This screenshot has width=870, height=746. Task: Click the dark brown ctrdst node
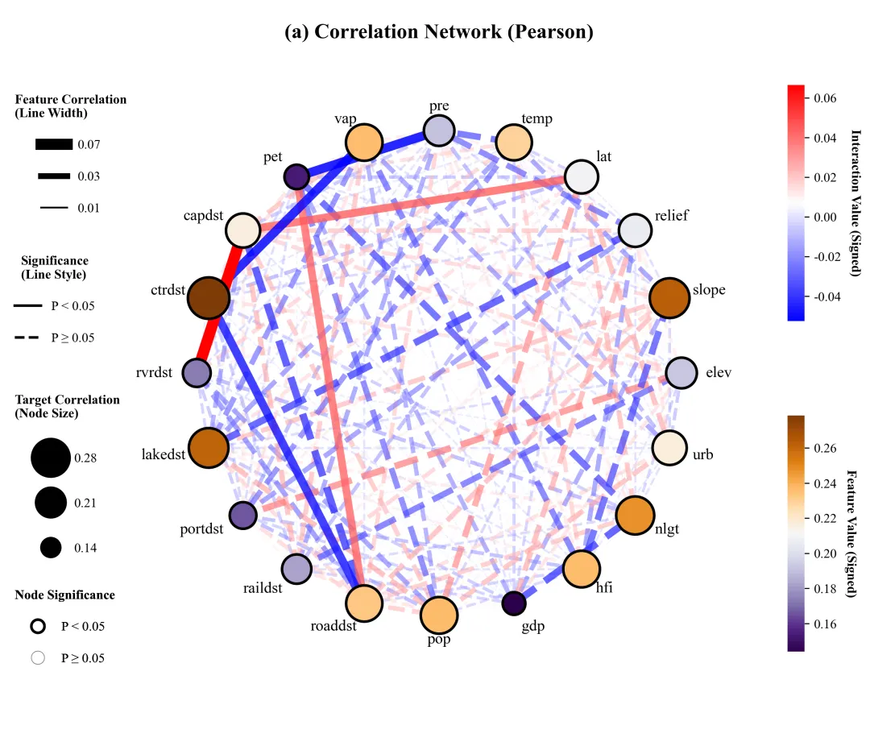[x=209, y=298]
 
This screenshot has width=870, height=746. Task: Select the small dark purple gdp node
[x=514, y=603]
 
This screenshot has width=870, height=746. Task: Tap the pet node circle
[x=296, y=177]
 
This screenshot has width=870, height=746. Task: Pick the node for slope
[x=669, y=298]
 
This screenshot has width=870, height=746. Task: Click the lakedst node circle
[x=209, y=448]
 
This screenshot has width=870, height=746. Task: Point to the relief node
[x=635, y=230]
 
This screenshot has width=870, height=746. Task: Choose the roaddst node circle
[x=364, y=603]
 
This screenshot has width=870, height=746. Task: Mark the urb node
[x=669, y=448]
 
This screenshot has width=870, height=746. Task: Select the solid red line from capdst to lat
[x=413, y=203]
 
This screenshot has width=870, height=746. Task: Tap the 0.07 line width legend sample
[x=54, y=144]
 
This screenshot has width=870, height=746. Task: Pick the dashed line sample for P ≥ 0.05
[x=27, y=338]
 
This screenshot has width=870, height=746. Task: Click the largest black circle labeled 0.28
[x=51, y=458]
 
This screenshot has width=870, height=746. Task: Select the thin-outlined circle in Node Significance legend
[x=38, y=657]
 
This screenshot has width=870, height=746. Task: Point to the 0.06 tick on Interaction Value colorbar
[x=825, y=98]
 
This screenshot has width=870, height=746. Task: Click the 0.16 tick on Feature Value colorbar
[x=825, y=624]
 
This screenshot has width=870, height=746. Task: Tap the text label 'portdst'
[x=201, y=528]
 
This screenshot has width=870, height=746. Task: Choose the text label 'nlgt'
[x=667, y=529]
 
